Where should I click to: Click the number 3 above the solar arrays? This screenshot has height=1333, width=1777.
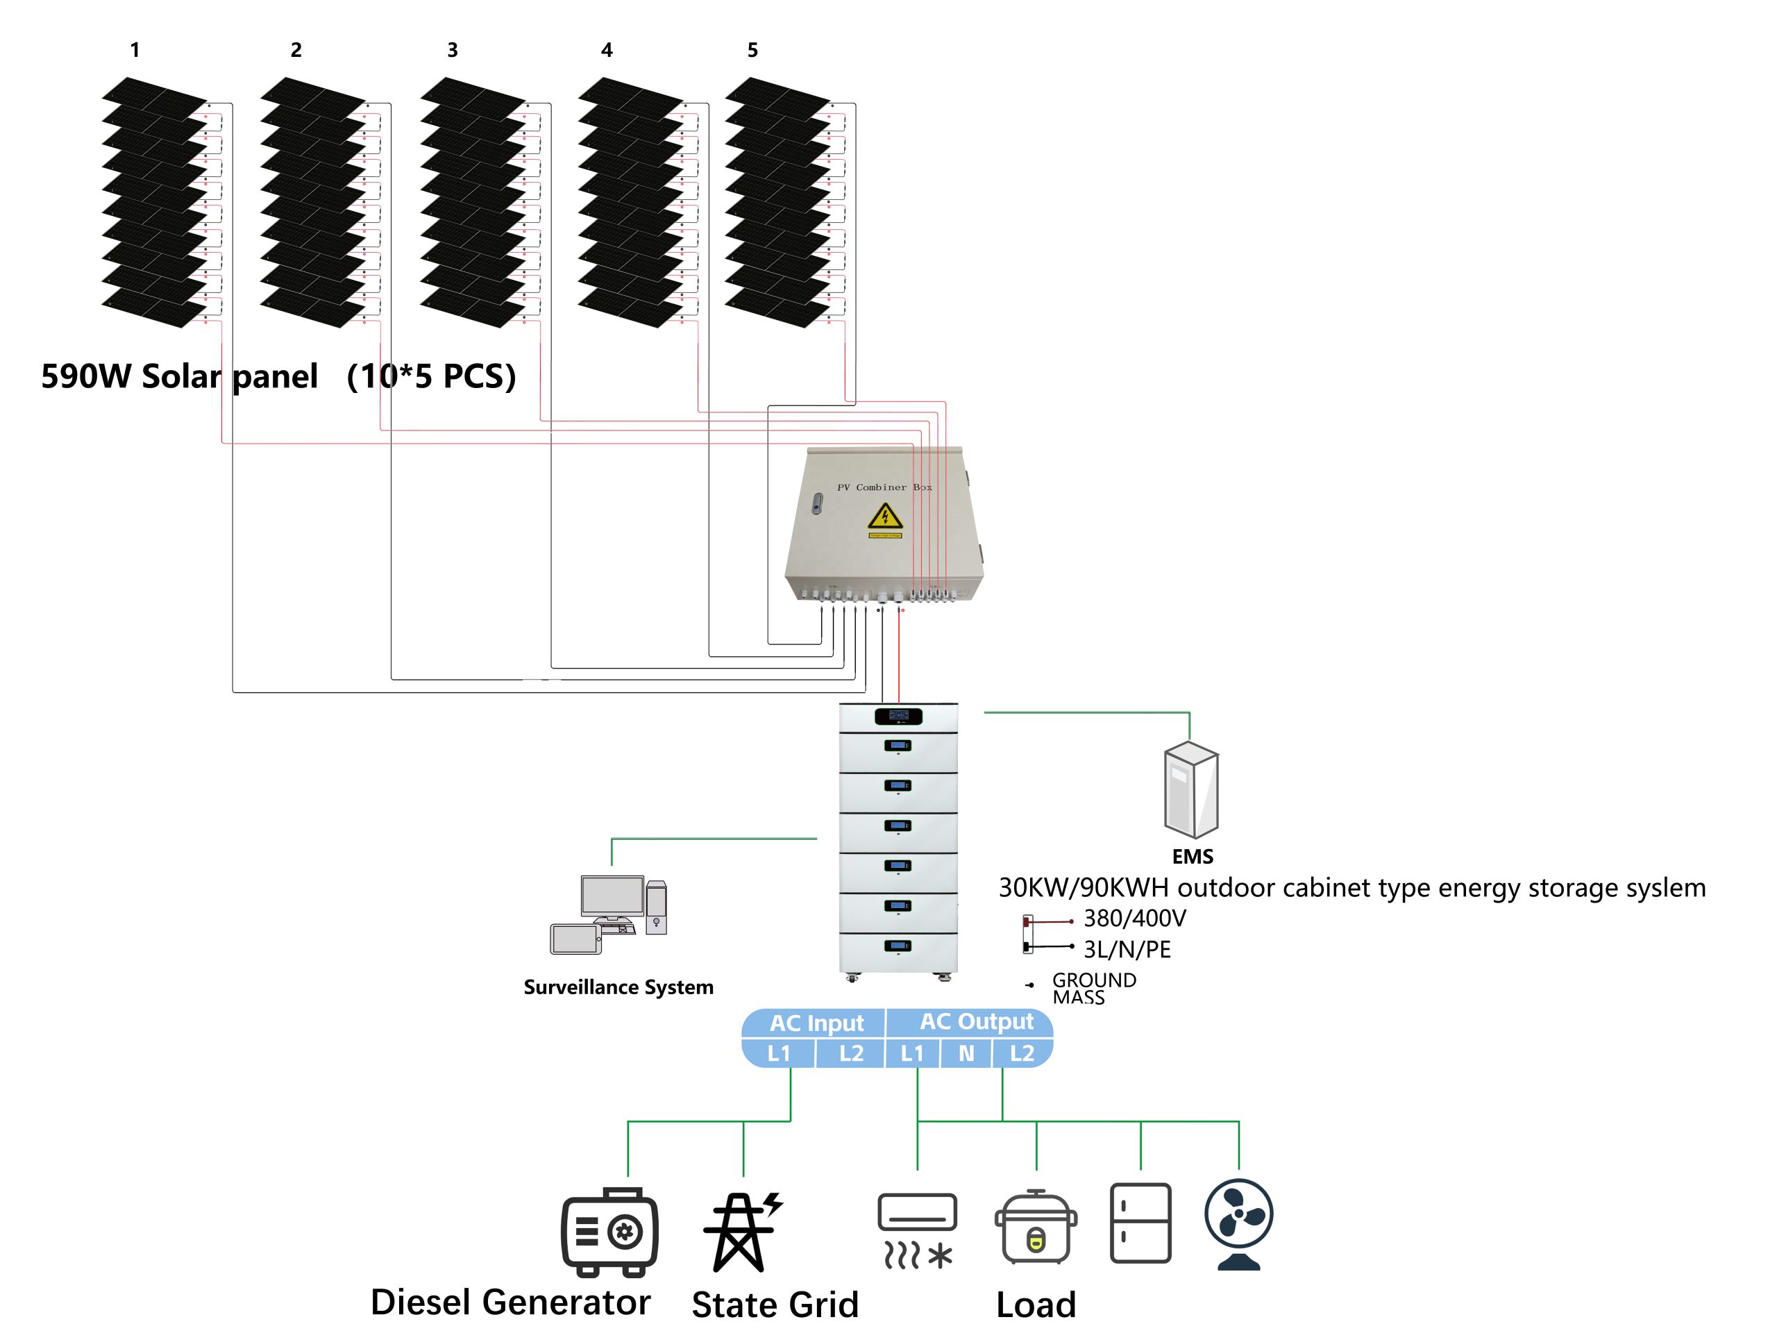(453, 51)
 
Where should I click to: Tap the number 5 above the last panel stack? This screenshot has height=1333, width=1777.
(752, 51)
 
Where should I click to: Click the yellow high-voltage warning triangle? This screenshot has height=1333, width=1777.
(884, 516)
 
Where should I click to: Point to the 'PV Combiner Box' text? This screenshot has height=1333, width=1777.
(884, 487)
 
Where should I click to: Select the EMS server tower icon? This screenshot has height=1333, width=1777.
(1191, 790)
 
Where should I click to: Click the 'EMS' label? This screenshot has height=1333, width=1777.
(1192, 857)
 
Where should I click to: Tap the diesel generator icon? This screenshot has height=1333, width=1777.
(609, 1232)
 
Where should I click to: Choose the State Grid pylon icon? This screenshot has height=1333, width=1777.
(741, 1231)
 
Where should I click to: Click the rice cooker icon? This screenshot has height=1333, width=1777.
(1036, 1227)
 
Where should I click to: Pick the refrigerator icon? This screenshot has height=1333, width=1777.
(1140, 1223)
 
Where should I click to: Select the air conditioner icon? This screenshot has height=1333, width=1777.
(918, 1230)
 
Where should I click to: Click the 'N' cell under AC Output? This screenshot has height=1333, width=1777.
(966, 1053)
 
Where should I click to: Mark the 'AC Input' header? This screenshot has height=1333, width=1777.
(816, 1023)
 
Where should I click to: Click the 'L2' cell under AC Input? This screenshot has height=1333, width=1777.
(851, 1053)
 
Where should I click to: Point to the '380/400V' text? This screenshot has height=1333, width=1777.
(1134, 919)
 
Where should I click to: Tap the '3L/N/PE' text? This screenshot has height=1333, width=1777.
(1127, 950)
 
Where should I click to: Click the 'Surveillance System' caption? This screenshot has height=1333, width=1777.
(618, 987)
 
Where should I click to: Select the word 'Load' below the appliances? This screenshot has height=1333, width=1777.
(1036, 1305)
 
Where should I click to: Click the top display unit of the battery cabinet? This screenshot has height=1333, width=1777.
(898, 716)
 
